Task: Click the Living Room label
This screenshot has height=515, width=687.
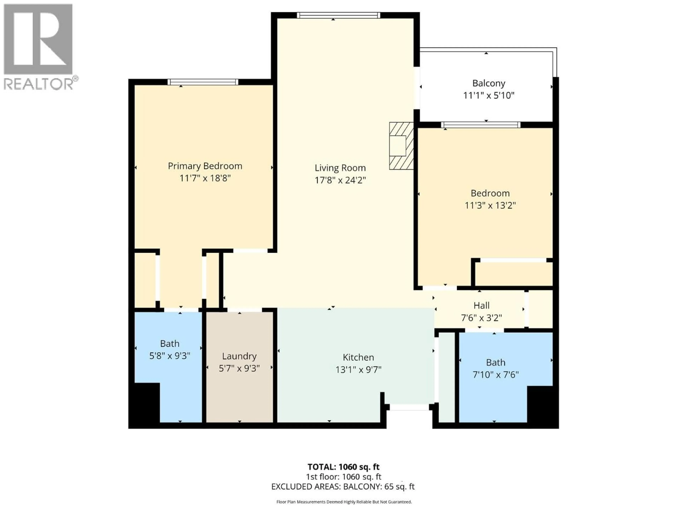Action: tap(340, 168)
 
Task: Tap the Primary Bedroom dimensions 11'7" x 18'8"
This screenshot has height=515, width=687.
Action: tap(205, 178)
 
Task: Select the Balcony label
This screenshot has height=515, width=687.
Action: tap(489, 83)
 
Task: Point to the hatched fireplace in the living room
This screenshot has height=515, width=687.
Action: tap(401, 146)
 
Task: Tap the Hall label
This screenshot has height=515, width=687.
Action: tap(481, 305)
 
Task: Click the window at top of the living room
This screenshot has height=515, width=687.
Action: tap(338, 15)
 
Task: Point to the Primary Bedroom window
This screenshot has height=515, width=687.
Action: tap(203, 82)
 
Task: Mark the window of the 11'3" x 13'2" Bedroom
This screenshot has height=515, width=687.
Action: tap(481, 125)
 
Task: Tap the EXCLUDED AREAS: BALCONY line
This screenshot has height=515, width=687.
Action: tap(343, 486)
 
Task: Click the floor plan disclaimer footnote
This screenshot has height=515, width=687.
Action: tap(344, 502)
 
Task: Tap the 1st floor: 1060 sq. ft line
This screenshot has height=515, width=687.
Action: tap(343, 477)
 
